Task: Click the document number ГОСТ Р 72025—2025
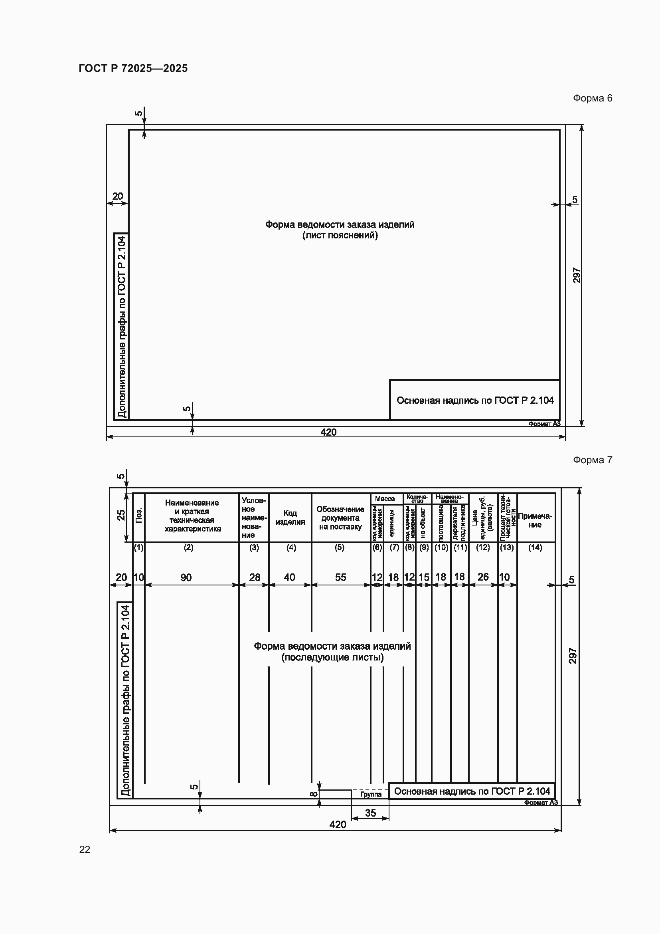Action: pyautogui.click(x=133, y=68)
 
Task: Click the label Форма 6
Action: pyautogui.click(x=592, y=98)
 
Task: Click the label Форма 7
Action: pyautogui.click(x=592, y=460)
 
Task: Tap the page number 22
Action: pyautogui.click(x=85, y=849)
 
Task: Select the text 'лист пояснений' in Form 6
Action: pyautogui.click(x=340, y=236)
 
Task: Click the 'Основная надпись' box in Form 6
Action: pyautogui.click(x=475, y=400)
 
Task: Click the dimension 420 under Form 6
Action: pyautogui.click(x=328, y=432)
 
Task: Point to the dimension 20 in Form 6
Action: pyautogui.click(x=117, y=196)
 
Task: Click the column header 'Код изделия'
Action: pyautogui.click(x=290, y=518)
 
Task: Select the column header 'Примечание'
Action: pyautogui.click(x=535, y=520)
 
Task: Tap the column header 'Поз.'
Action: pyautogui.click(x=139, y=516)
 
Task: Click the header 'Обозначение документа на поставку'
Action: pyautogui.click(x=340, y=518)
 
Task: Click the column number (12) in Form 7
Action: pyautogui.click(x=483, y=547)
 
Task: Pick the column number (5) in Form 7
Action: pyautogui.click(x=339, y=547)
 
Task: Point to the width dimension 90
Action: pyautogui.click(x=186, y=577)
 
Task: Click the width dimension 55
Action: pyautogui.click(x=340, y=577)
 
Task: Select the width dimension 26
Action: pyautogui.click(x=483, y=577)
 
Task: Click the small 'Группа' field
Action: pyautogui.click(x=371, y=794)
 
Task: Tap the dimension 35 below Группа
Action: pyautogui.click(x=370, y=813)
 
